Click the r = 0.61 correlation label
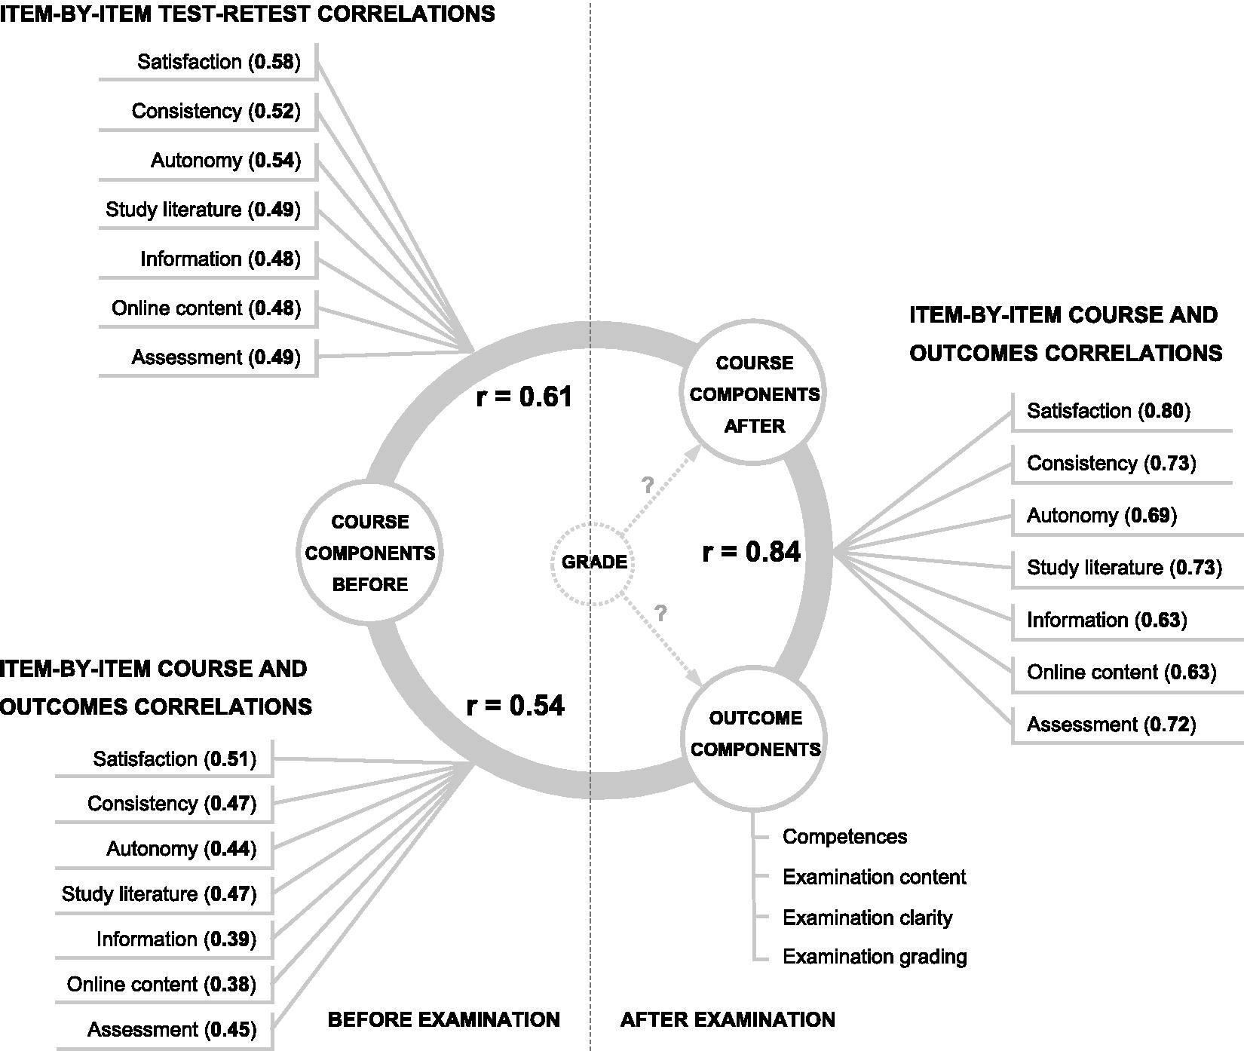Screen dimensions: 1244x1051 pyautogui.click(x=524, y=397)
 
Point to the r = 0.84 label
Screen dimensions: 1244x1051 pyautogui.click(x=751, y=552)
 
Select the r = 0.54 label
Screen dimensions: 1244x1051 pyautogui.click(x=515, y=706)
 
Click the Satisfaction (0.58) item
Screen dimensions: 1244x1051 pyautogui.click(x=219, y=62)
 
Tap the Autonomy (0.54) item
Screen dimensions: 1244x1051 pyautogui.click(x=225, y=161)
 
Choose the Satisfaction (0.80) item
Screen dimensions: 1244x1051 pyautogui.click(x=1108, y=411)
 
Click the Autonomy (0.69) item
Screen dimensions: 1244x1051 pyautogui.click(x=1102, y=516)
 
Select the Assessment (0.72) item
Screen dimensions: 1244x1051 pyautogui.click(x=1111, y=725)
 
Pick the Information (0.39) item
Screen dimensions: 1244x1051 pyautogui.click(x=176, y=939)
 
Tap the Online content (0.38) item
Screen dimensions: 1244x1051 pyautogui.click(x=161, y=985)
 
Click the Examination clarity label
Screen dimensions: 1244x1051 pyautogui.click(x=867, y=918)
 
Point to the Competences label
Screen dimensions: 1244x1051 pyautogui.click(x=844, y=837)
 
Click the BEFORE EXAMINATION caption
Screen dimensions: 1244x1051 pyautogui.click(x=443, y=1020)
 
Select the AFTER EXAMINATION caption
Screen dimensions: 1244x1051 pyautogui.click(x=728, y=1020)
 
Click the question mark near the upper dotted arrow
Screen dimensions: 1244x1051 pyautogui.click(x=647, y=486)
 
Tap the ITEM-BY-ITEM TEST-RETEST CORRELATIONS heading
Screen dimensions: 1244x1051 pyautogui.click(x=247, y=14)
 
